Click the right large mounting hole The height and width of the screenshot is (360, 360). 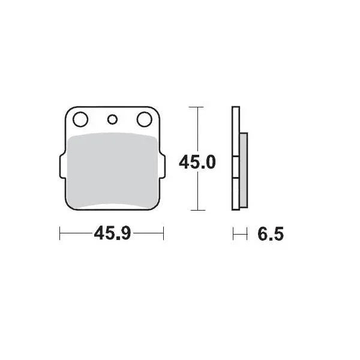pos(144,120)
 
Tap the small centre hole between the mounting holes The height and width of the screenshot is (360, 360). pos(112,119)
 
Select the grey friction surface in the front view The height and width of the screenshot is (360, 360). pos(112,171)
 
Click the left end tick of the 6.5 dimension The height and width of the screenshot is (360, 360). pos(233,234)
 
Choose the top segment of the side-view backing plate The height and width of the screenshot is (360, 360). pos(236,132)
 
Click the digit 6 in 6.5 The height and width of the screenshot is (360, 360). pos(262,234)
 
